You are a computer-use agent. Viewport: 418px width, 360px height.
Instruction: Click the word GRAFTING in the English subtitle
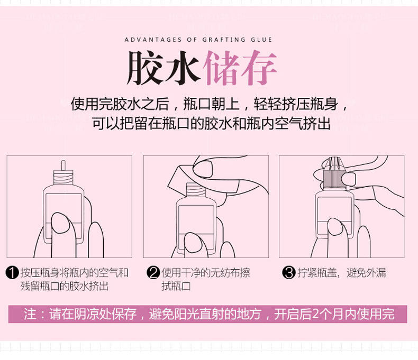pyautogui.click(x=224, y=40)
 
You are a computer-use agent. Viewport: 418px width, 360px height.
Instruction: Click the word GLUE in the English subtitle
pyautogui.click(x=261, y=40)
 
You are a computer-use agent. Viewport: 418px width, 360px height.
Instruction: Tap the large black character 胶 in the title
pyautogui.click(x=144, y=68)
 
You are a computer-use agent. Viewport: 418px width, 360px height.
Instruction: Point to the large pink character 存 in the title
pyautogui.click(x=259, y=68)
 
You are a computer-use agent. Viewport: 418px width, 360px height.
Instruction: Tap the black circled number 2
pyautogui.click(x=153, y=273)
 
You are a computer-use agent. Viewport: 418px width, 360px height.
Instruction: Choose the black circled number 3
pyautogui.click(x=289, y=273)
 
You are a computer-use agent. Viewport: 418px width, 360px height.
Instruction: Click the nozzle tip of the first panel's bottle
pyautogui.click(x=63, y=165)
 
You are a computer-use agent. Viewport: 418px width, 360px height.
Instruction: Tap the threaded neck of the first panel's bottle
pyautogui.click(x=63, y=177)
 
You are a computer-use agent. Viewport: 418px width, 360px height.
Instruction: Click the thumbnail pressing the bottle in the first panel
pyautogui.click(x=60, y=223)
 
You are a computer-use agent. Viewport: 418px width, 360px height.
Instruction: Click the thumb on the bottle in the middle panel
pyautogui.click(x=193, y=243)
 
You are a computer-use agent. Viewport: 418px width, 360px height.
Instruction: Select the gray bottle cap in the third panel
pyautogui.click(x=334, y=180)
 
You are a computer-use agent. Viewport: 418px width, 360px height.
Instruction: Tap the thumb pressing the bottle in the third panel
pyautogui.click(x=338, y=227)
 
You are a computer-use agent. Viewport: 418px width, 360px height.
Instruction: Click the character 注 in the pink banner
pyautogui.click(x=30, y=314)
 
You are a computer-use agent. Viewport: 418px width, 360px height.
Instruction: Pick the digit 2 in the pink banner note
pyautogui.click(x=315, y=314)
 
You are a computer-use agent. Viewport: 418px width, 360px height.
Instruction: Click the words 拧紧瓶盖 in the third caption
pyautogui.click(x=317, y=273)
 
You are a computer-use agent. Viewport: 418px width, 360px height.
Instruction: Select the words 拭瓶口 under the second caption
pyautogui.click(x=176, y=286)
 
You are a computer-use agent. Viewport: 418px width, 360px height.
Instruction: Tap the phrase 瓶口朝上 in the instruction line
pyautogui.click(x=211, y=104)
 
